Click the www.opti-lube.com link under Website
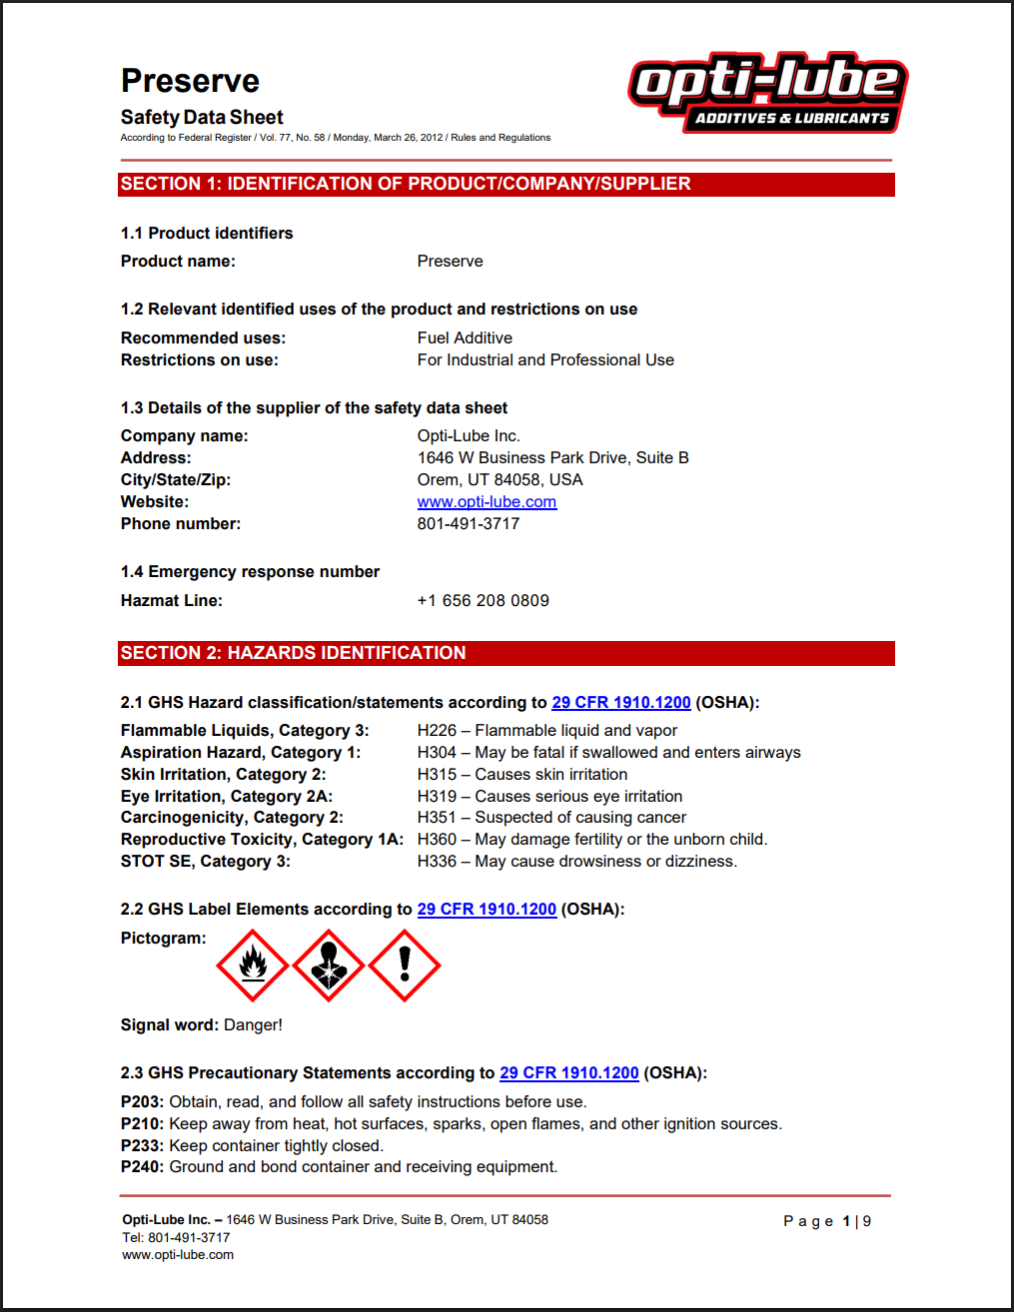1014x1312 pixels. coord(487,502)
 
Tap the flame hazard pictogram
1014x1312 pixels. coord(253,966)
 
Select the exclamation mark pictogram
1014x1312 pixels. coord(405,966)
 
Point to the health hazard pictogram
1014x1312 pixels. coord(329,966)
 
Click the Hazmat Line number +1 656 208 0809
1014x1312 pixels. coord(483,601)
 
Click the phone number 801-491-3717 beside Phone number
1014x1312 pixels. coord(468,524)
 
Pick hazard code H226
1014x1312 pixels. coord(437,731)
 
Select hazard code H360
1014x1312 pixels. coord(437,840)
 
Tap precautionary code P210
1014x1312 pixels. coord(142,1124)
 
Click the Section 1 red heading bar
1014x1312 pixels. coord(506,185)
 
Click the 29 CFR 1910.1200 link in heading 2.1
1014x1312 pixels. coord(620,703)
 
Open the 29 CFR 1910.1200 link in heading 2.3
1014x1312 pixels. coord(568,1073)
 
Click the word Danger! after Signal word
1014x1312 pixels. coord(253,1025)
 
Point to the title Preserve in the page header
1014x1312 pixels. coord(190,81)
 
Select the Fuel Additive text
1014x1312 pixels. coord(465,338)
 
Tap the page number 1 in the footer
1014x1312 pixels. coord(846,1221)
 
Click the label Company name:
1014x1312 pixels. coord(184,436)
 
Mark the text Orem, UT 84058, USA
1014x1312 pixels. coord(500,480)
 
